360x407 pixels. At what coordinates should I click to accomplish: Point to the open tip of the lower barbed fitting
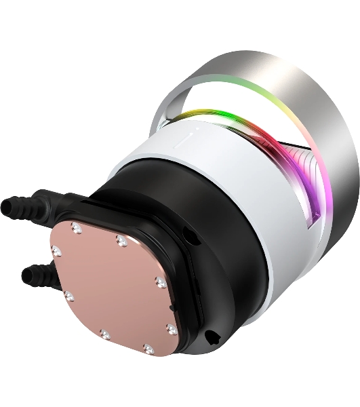[x=25, y=274]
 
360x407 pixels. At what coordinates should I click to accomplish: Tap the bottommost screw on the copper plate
[x=148, y=349]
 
